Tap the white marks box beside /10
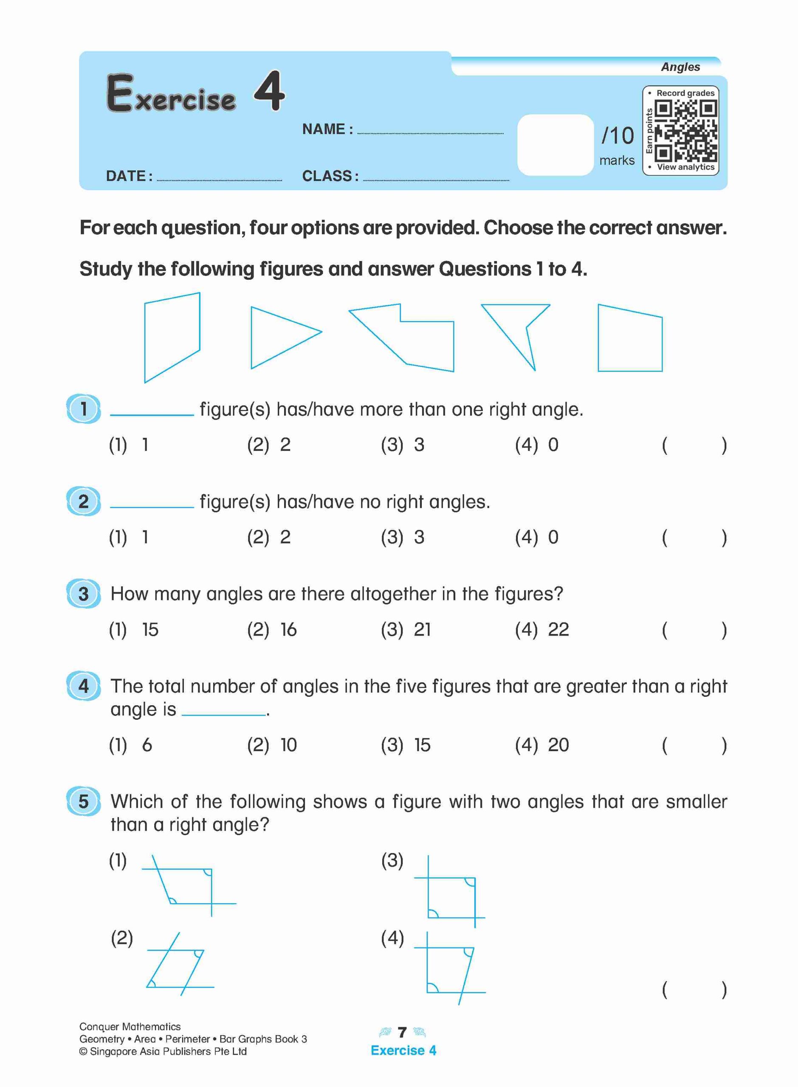pos(555,145)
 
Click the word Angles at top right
pos(680,67)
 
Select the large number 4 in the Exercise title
pos(270,90)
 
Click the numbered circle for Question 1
pos(84,408)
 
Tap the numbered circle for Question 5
pos(84,801)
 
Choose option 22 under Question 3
pos(558,630)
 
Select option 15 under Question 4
pos(422,745)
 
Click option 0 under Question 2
pos(553,537)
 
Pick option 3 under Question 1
pos(419,445)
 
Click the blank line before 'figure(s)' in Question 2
pos(152,506)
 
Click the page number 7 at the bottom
pos(402,1032)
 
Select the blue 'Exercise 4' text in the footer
pos(403,1050)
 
